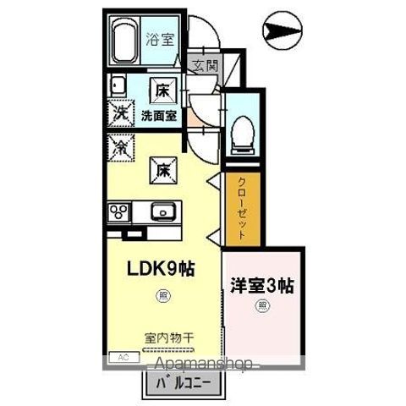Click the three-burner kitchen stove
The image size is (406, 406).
120,211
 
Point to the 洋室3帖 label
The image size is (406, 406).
263,285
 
